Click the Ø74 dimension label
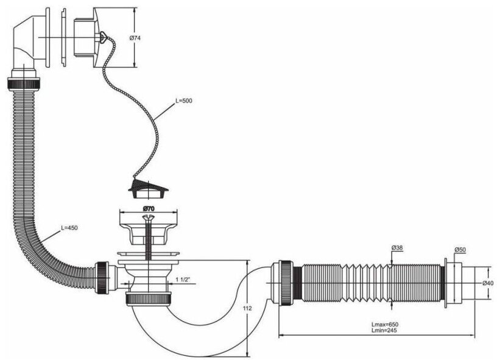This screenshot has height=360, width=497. (x=135, y=38)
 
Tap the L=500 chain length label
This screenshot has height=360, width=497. (x=184, y=101)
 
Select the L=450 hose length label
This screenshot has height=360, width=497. (x=69, y=228)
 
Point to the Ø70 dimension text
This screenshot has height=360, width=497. (x=149, y=208)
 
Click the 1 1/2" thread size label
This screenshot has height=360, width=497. (x=183, y=280)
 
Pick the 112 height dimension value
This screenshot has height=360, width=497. (x=247, y=308)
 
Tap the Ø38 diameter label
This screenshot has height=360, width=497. (x=397, y=247)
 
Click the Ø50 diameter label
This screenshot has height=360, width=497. (x=460, y=250)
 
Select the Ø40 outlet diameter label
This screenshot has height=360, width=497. (x=488, y=283)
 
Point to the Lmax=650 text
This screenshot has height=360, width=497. (x=384, y=325)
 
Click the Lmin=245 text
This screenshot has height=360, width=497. (x=384, y=330)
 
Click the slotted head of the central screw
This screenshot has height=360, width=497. (x=147, y=217)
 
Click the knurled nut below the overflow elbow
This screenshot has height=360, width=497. (x=24, y=84)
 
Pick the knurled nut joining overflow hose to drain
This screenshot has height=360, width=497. (x=102, y=277)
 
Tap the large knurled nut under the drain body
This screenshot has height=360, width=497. (x=149, y=298)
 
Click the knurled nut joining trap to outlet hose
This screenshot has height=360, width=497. (x=285, y=283)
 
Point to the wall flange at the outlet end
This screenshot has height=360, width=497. (x=446, y=283)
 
